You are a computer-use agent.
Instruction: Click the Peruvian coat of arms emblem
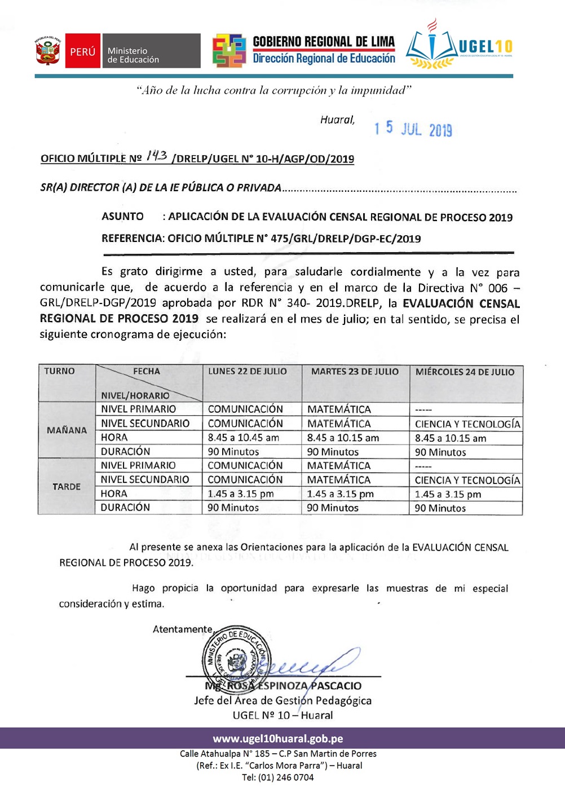click(48, 51)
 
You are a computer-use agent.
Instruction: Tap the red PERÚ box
click(83, 51)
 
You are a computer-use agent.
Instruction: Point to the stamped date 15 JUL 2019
click(413, 129)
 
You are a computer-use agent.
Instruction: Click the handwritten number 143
click(156, 156)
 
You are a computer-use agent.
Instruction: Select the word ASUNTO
click(122, 217)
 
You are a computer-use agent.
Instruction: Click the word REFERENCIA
click(132, 239)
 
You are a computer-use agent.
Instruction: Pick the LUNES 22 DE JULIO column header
click(247, 372)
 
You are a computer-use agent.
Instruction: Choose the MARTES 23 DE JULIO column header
click(355, 372)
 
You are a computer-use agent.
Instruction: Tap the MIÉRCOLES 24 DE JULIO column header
click(465, 372)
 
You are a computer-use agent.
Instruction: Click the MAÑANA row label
click(67, 430)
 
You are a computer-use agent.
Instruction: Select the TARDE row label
click(67, 487)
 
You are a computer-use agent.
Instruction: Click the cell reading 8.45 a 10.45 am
click(243, 438)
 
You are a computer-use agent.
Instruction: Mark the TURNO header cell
click(59, 371)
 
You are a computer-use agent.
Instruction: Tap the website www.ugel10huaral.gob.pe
click(277, 739)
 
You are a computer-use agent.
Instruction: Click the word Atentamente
click(182, 630)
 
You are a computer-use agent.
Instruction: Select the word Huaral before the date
click(337, 120)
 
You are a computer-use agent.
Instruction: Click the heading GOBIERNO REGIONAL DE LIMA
click(324, 42)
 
